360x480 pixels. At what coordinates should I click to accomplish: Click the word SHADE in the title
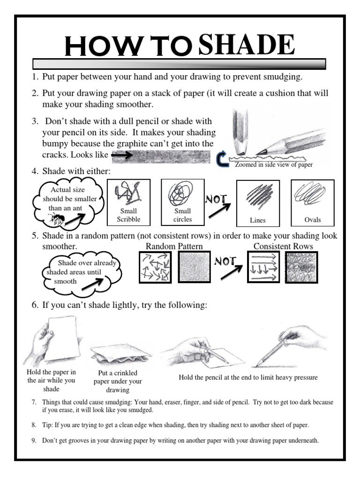pyautogui.click(x=247, y=45)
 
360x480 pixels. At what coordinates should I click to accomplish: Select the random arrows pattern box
pyautogui.click(x=156, y=267)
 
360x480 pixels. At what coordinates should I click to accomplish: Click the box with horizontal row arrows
pyautogui.click(x=263, y=267)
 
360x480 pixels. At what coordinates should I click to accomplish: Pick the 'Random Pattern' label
pyautogui.click(x=174, y=247)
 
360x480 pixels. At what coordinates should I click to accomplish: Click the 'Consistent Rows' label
pyautogui.click(x=283, y=247)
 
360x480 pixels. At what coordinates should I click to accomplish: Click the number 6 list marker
pyautogui.click(x=35, y=305)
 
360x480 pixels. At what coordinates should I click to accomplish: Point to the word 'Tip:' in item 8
pyautogui.click(x=48, y=425)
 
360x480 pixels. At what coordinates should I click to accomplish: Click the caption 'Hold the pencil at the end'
pyautogui.click(x=248, y=377)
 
